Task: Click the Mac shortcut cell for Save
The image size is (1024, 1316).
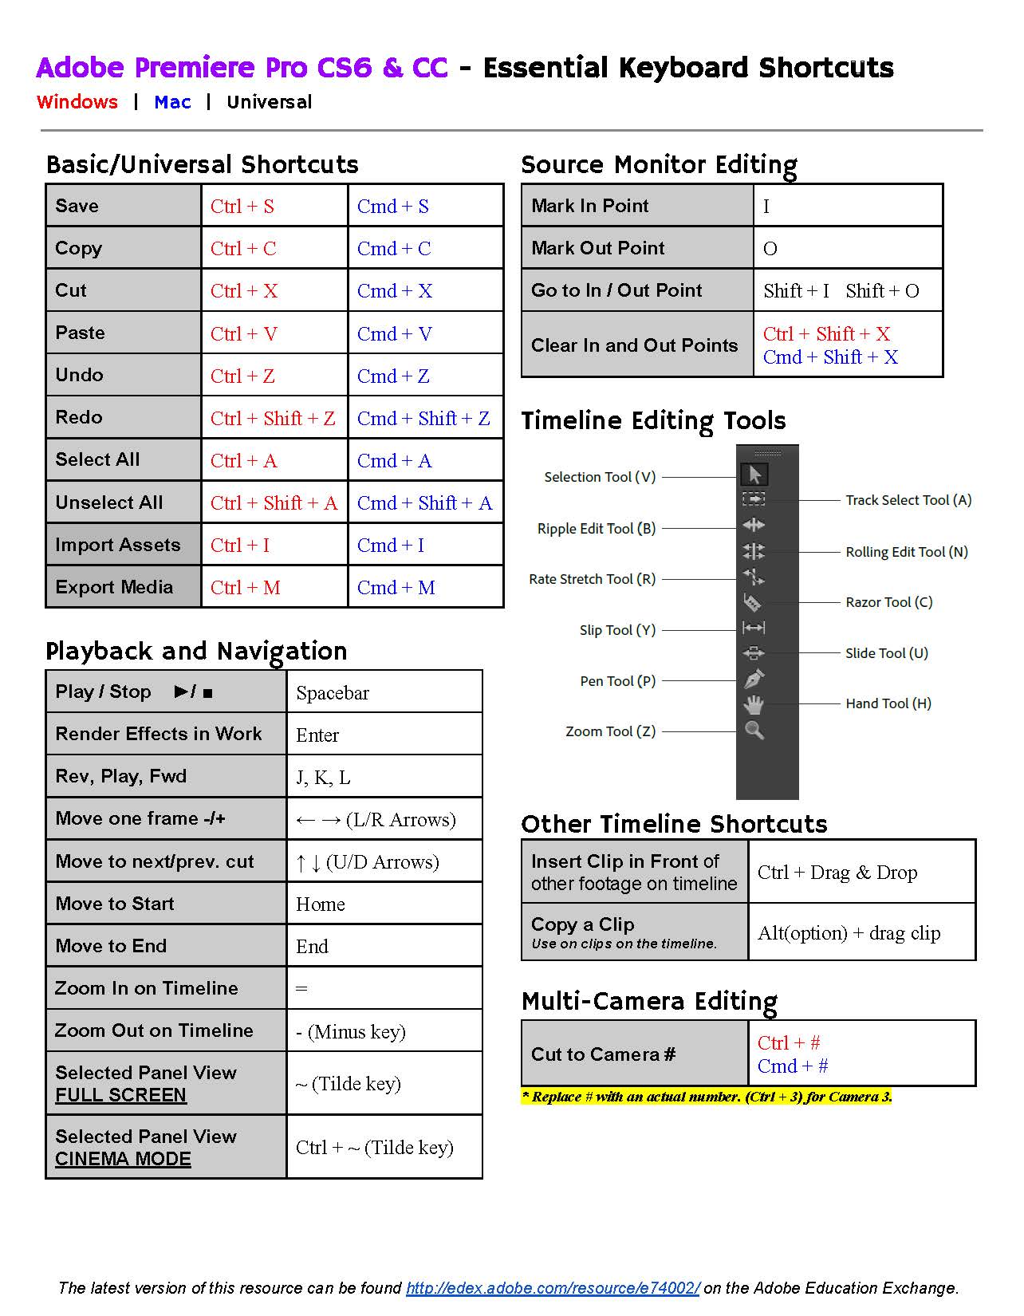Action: (x=425, y=207)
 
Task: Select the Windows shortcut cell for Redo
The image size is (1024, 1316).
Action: (x=274, y=419)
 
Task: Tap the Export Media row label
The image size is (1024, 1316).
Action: (x=123, y=587)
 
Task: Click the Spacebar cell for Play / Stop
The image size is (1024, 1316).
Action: (x=384, y=693)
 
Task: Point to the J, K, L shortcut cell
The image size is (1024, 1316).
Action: (x=384, y=778)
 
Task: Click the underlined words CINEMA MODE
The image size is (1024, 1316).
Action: (x=123, y=1159)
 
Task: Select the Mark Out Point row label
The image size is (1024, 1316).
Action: (x=637, y=248)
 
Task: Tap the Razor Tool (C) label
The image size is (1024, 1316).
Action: (x=888, y=602)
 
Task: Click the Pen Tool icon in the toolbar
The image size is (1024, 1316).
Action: (x=754, y=679)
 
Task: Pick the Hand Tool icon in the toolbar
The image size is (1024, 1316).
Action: (x=754, y=704)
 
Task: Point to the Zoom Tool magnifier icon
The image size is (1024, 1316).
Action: (x=754, y=730)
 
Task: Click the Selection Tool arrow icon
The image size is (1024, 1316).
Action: (x=754, y=475)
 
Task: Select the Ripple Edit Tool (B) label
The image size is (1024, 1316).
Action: (x=597, y=529)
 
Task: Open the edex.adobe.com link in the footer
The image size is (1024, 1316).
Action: (x=553, y=1288)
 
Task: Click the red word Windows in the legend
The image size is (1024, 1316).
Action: (x=77, y=102)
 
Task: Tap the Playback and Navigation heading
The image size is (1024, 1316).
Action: (x=196, y=652)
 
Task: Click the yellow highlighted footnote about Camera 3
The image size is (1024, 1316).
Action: (x=707, y=1097)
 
